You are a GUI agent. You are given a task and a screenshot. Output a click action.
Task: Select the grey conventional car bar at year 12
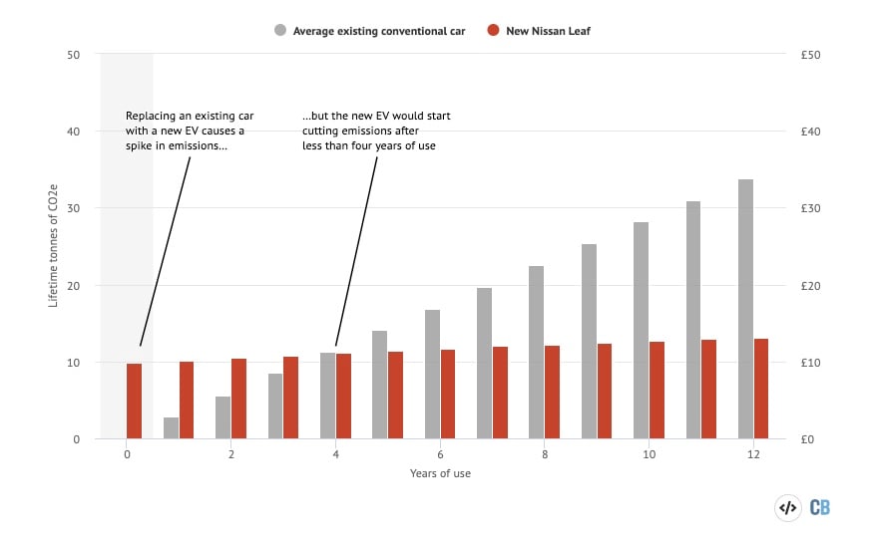pyautogui.click(x=744, y=309)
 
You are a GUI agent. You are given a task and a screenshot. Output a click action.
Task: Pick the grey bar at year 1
pyautogui.click(x=171, y=428)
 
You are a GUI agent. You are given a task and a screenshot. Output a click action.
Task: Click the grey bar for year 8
pyautogui.click(x=536, y=353)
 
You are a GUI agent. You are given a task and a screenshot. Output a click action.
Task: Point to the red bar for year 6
pyautogui.click(x=448, y=395)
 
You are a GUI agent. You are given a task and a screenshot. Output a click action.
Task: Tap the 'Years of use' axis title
pyautogui.click(x=440, y=473)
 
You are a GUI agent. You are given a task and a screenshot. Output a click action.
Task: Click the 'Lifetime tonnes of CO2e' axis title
pyautogui.click(x=55, y=246)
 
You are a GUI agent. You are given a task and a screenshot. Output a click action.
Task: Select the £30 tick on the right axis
pyautogui.click(x=810, y=208)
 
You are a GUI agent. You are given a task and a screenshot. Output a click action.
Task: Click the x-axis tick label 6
pyautogui.click(x=440, y=454)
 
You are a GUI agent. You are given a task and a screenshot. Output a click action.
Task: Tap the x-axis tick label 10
pyautogui.click(x=649, y=454)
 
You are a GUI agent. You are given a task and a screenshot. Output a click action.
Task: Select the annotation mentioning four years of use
pyautogui.click(x=376, y=131)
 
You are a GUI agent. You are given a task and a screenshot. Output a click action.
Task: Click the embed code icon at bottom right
pyautogui.click(x=787, y=507)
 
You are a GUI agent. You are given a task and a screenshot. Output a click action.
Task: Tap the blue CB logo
pyautogui.click(x=819, y=507)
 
